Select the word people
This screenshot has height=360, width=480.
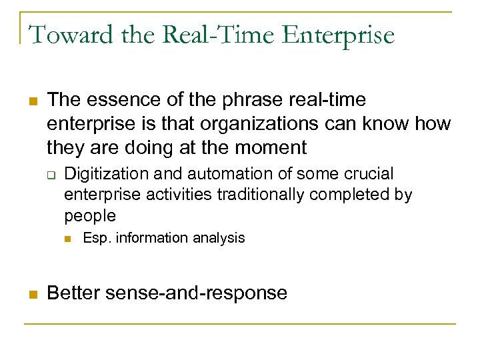pos(90,216)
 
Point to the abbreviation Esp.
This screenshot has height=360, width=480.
pos(97,238)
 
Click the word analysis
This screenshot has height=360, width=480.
pos(219,238)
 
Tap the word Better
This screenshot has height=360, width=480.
pos(75,293)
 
